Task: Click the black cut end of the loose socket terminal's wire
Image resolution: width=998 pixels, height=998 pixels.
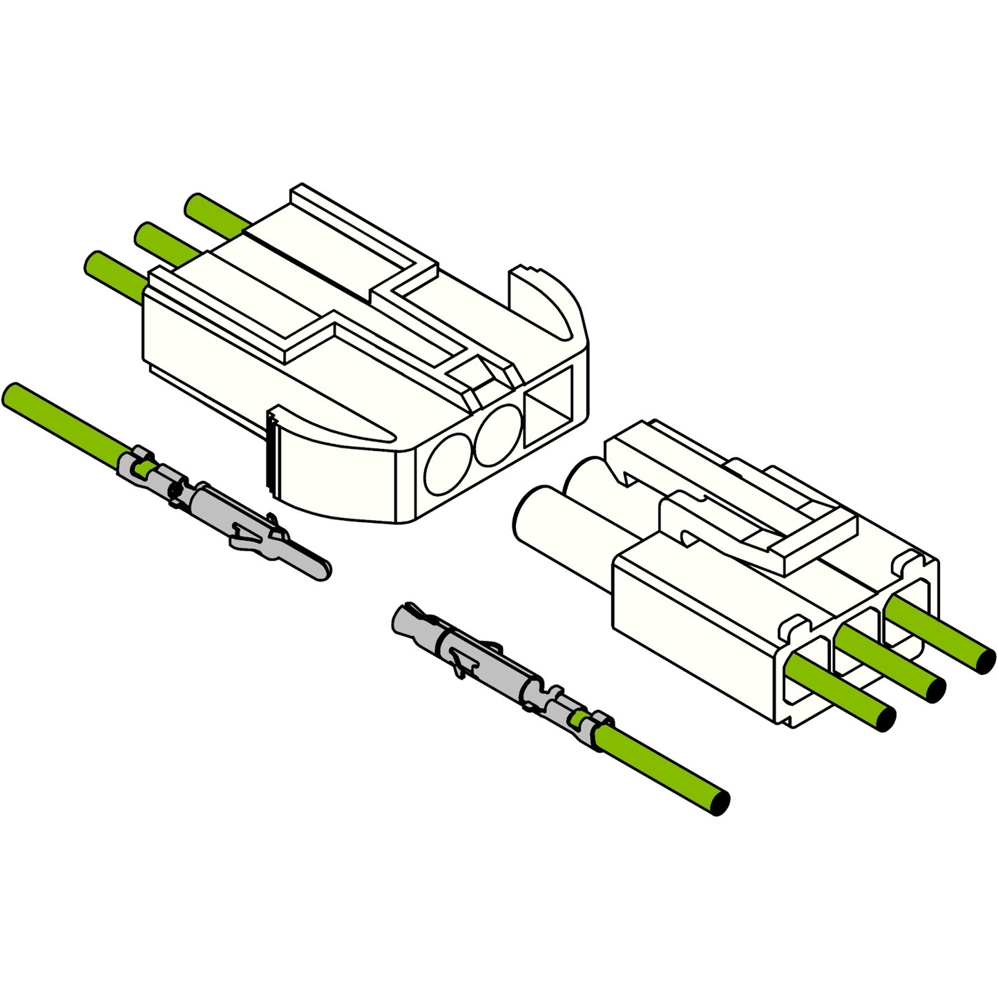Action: (720, 803)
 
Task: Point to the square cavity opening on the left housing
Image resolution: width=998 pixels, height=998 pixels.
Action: (549, 405)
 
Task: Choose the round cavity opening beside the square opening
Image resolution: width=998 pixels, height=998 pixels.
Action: (498, 435)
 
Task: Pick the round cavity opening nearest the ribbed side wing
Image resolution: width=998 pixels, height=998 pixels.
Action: (448, 465)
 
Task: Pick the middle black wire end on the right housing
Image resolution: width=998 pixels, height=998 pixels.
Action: (937, 689)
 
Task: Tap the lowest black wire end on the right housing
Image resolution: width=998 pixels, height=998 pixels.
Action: (886, 719)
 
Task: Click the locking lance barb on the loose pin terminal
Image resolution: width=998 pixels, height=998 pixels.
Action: (245, 532)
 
